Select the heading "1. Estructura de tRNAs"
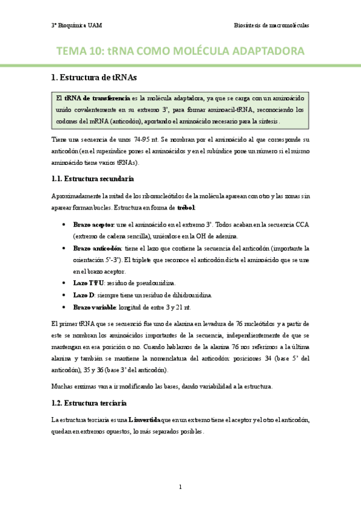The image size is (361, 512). click(x=94, y=78)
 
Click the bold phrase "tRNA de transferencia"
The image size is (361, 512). click(x=97, y=97)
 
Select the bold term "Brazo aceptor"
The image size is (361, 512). click(x=93, y=224)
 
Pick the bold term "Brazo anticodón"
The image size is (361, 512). click(x=96, y=248)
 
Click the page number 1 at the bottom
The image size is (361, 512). click(x=180, y=487)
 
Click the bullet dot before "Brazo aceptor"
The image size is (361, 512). click(x=64, y=225)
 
